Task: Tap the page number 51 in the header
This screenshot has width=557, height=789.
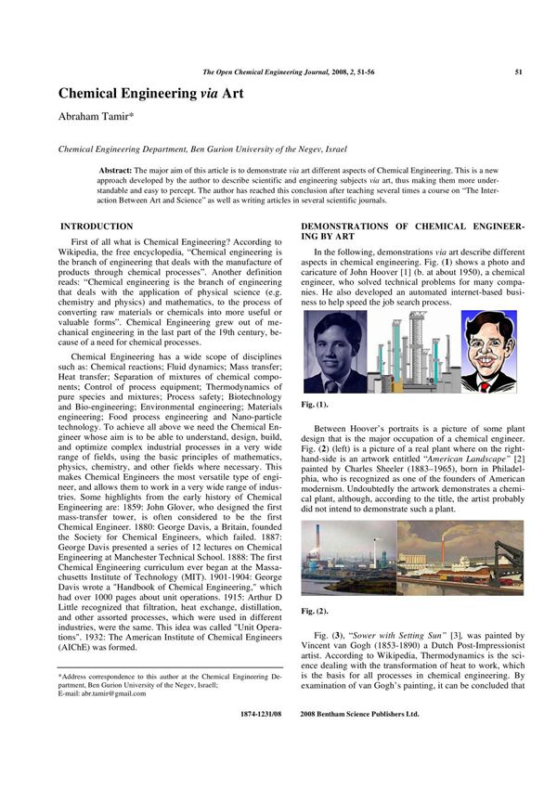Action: point(517,71)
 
